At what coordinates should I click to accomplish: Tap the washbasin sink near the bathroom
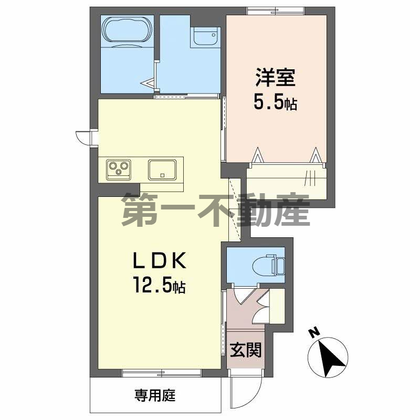tap(205, 37)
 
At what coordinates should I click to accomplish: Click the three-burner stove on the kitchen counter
tap(119, 169)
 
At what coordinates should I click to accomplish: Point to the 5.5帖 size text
tap(276, 102)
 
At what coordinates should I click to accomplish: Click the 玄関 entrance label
tap(246, 349)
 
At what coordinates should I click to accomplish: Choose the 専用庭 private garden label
tap(154, 395)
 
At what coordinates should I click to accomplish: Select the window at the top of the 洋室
tap(276, 9)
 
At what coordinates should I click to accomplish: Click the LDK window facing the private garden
tap(162, 373)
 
